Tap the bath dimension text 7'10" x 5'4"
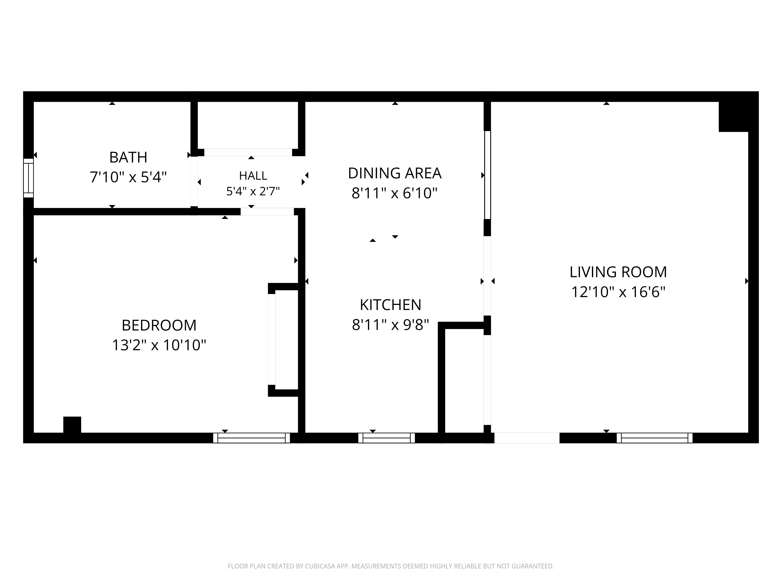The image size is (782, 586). pos(128,177)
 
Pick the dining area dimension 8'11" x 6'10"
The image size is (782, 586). pos(395,193)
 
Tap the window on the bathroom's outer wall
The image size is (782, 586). pos(28,178)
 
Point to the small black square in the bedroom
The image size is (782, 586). pos(72,425)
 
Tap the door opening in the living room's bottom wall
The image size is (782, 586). pos(527,438)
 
